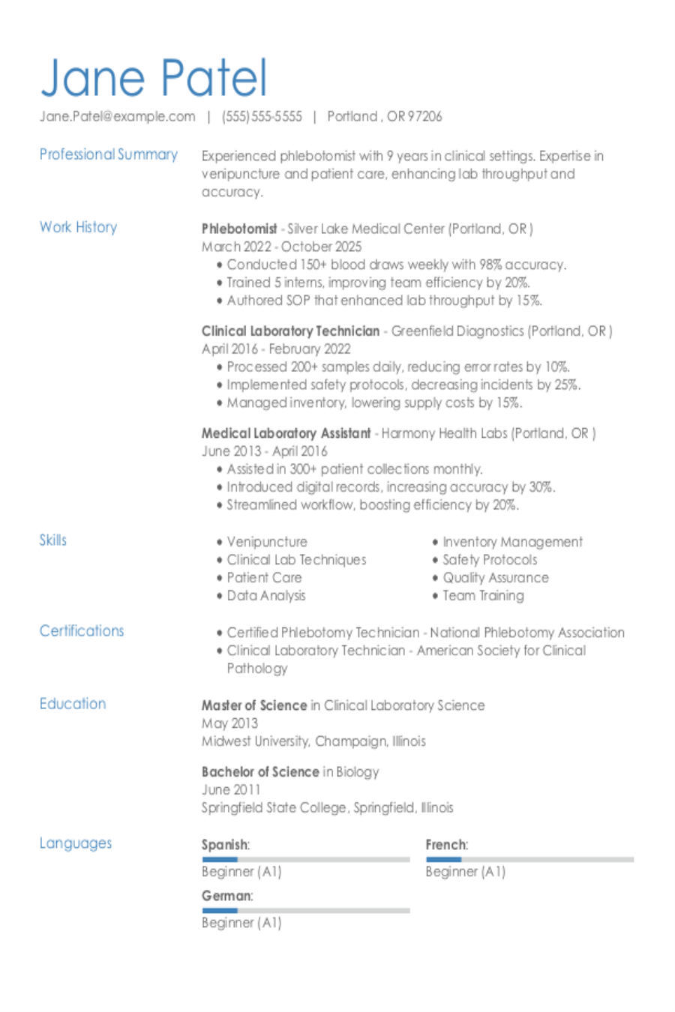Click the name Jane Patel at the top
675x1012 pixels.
[x=154, y=78]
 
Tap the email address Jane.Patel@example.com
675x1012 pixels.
[x=118, y=117]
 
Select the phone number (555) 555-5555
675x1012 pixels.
[x=262, y=117]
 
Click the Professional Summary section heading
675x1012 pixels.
[x=109, y=154]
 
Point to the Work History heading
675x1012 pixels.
[x=78, y=227]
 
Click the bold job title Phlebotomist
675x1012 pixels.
[x=239, y=229]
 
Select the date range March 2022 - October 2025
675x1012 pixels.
[x=281, y=247]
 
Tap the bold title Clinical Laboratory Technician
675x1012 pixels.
[x=290, y=331]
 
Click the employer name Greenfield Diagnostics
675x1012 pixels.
[x=457, y=331]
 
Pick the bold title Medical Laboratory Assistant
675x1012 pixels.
[x=286, y=433]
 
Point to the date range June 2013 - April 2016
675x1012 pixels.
[x=264, y=451]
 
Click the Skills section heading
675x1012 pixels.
[x=53, y=540]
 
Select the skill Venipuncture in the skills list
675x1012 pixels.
[x=267, y=542]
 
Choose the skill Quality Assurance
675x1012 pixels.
[x=496, y=578]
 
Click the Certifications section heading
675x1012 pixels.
[x=82, y=630]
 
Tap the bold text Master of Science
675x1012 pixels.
[x=254, y=705]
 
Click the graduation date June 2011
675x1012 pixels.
[x=231, y=789]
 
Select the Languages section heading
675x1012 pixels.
[x=76, y=843]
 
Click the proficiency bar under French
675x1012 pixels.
[x=529, y=859]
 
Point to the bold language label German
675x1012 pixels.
[x=226, y=896]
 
